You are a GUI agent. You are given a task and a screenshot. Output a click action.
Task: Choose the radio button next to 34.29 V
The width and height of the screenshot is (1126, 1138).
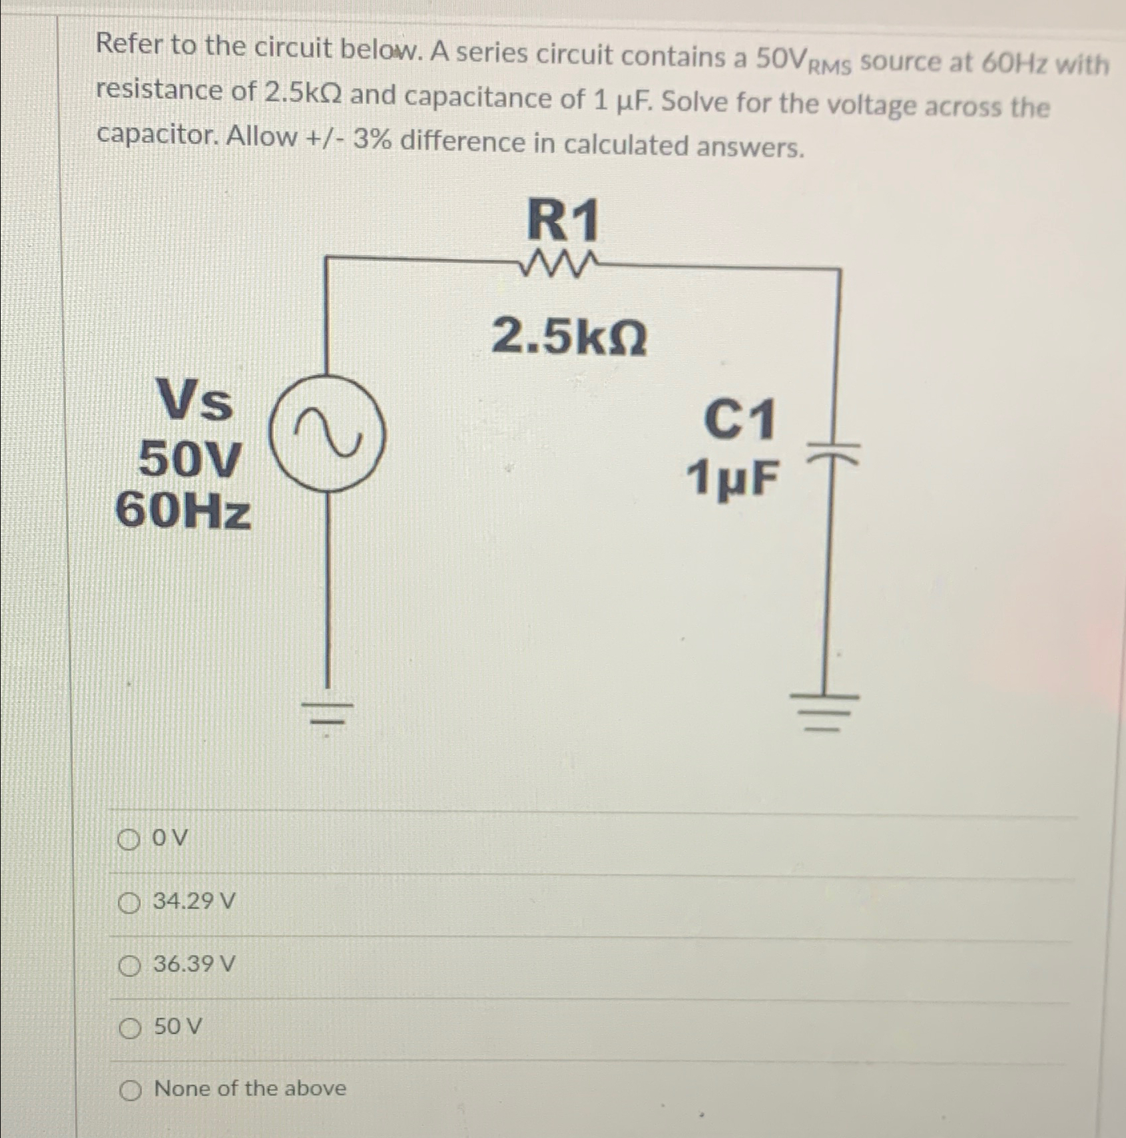129,904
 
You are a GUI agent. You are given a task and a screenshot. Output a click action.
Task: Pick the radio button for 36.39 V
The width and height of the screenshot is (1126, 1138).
129,966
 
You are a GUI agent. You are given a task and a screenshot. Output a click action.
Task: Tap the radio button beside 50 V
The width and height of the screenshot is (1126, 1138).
131,1029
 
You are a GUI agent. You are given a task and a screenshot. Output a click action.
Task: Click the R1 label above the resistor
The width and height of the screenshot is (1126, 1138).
563,220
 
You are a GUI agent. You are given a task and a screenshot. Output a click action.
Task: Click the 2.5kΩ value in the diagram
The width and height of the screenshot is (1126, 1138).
569,337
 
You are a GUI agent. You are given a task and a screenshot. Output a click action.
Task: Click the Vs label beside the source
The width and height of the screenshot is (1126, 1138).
194,402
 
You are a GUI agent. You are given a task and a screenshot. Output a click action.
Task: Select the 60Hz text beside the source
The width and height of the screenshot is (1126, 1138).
184,511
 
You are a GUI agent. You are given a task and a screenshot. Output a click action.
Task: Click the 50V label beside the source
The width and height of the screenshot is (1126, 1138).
190,459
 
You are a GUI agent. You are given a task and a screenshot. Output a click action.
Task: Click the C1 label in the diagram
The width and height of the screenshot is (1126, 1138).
740,420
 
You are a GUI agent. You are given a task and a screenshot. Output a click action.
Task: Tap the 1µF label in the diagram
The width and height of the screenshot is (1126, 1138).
732,478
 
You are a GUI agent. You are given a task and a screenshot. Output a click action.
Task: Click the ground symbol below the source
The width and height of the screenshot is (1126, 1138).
326,712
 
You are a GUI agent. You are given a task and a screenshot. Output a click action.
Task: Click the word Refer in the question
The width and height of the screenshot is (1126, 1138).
129,45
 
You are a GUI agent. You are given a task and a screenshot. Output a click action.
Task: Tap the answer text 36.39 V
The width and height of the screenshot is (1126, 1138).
194,964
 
